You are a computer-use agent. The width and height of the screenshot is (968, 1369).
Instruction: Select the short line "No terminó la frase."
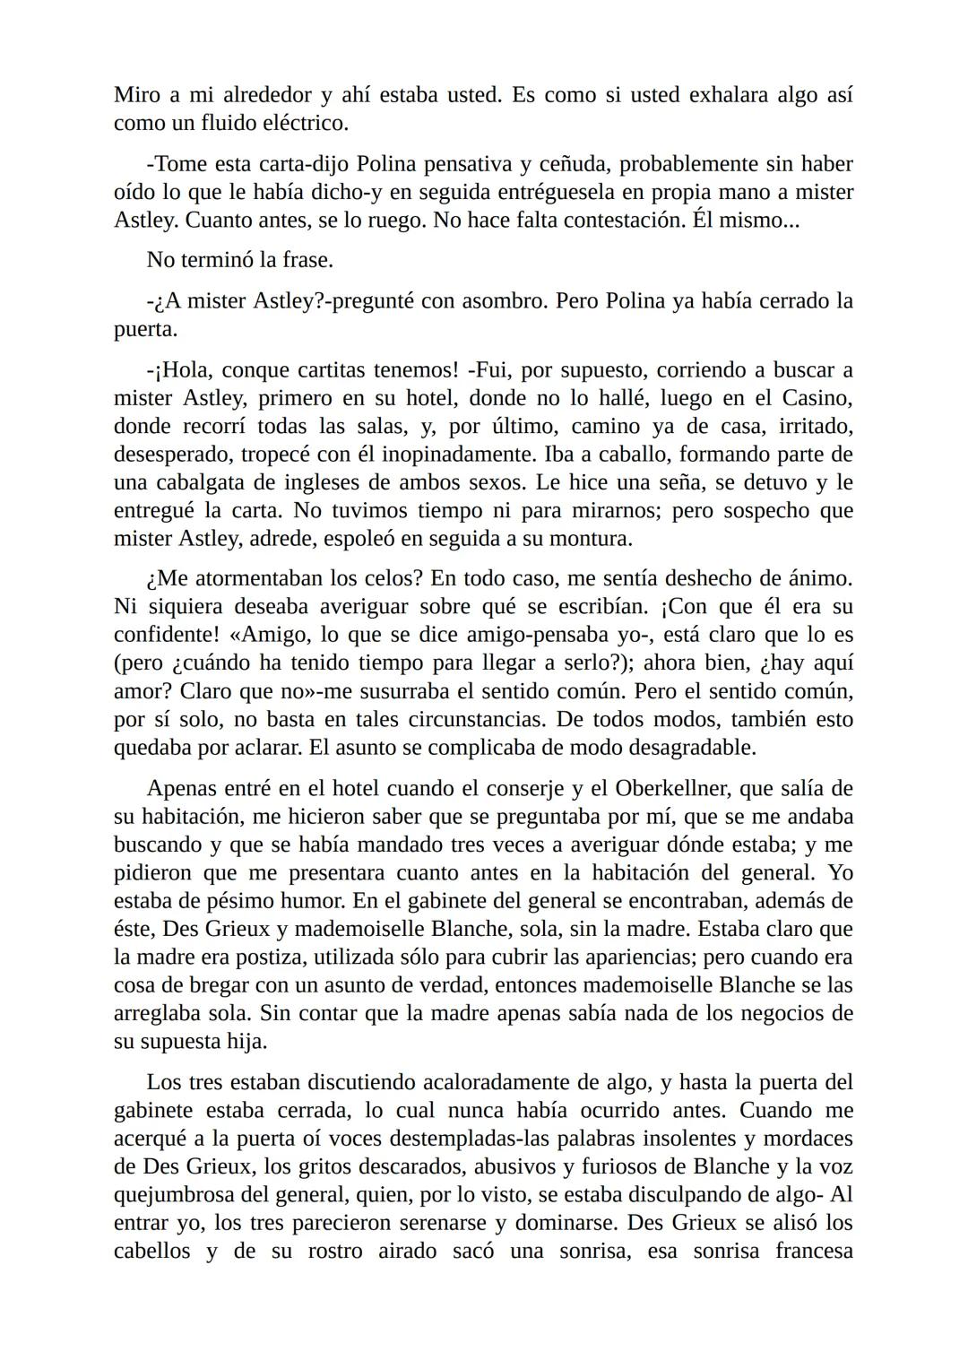point(239,260)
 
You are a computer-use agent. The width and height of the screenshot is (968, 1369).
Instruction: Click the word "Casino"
point(817,397)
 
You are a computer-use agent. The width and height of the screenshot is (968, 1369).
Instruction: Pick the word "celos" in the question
point(351,579)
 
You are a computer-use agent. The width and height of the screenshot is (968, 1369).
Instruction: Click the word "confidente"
point(166,635)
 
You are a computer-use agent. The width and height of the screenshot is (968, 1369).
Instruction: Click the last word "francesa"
point(814,1251)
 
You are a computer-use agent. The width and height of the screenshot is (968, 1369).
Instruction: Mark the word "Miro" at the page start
point(136,95)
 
